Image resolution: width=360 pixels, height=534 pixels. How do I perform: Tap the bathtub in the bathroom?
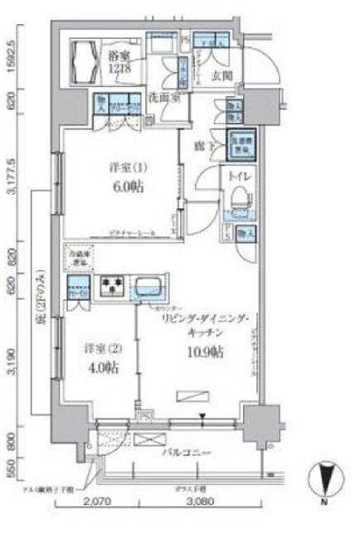[x=86, y=61]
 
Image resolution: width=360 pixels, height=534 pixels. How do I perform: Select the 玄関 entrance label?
[x=221, y=76]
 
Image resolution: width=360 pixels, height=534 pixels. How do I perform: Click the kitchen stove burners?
[x=111, y=288]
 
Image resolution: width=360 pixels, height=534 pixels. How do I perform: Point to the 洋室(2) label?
[x=100, y=348]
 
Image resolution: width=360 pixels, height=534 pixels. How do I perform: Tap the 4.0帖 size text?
[x=100, y=367]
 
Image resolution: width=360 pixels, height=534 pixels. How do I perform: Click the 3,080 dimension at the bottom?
[x=199, y=523]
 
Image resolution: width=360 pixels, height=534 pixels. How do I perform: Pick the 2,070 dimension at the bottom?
[x=97, y=523]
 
